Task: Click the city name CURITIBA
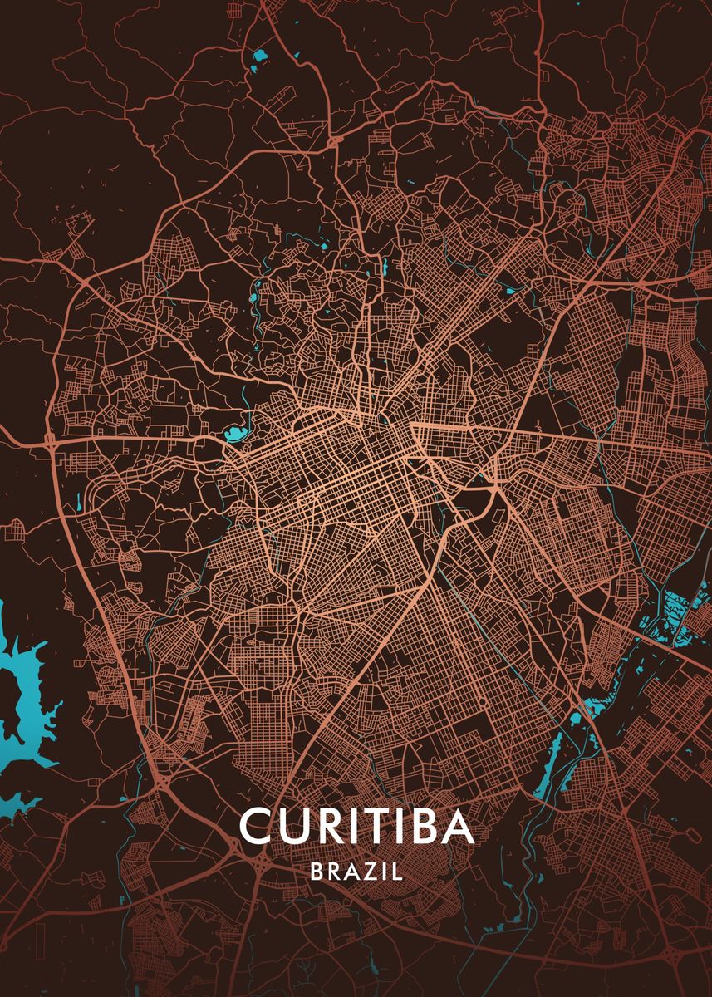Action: coord(356,826)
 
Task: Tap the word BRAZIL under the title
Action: coord(356,872)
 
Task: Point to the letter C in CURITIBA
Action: coord(255,826)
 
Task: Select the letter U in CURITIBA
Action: coord(292,826)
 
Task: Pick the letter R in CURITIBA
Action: coord(327,826)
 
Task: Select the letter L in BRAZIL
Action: coord(398,872)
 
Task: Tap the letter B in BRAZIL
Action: coord(317,872)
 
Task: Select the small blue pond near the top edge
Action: coord(261,57)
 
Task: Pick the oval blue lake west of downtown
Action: coord(233,433)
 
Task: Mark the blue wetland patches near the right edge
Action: coord(677,619)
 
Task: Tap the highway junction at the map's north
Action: coord(333,142)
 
